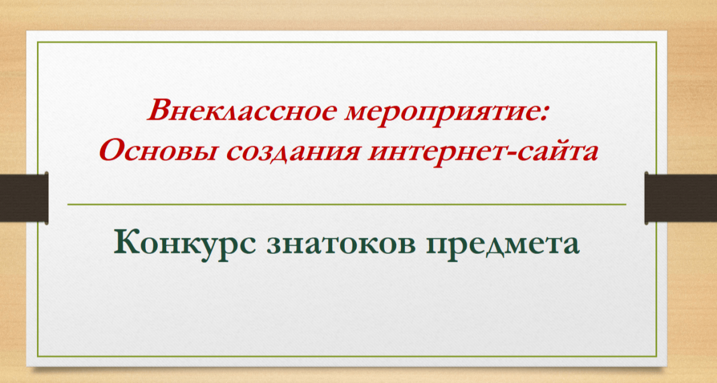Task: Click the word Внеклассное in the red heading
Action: pyautogui.click(x=243, y=111)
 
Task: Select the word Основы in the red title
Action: pyautogui.click(x=158, y=151)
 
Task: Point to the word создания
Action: pyautogui.click(x=293, y=151)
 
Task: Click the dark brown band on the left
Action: pyautogui.click(x=24, y=198)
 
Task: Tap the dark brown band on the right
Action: pyautogui.click(x=681, y=198)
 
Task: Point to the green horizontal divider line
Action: pyautogui.click(x=347, y=204)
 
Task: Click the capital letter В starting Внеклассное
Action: pyautogui.click(x=160, y=110)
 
